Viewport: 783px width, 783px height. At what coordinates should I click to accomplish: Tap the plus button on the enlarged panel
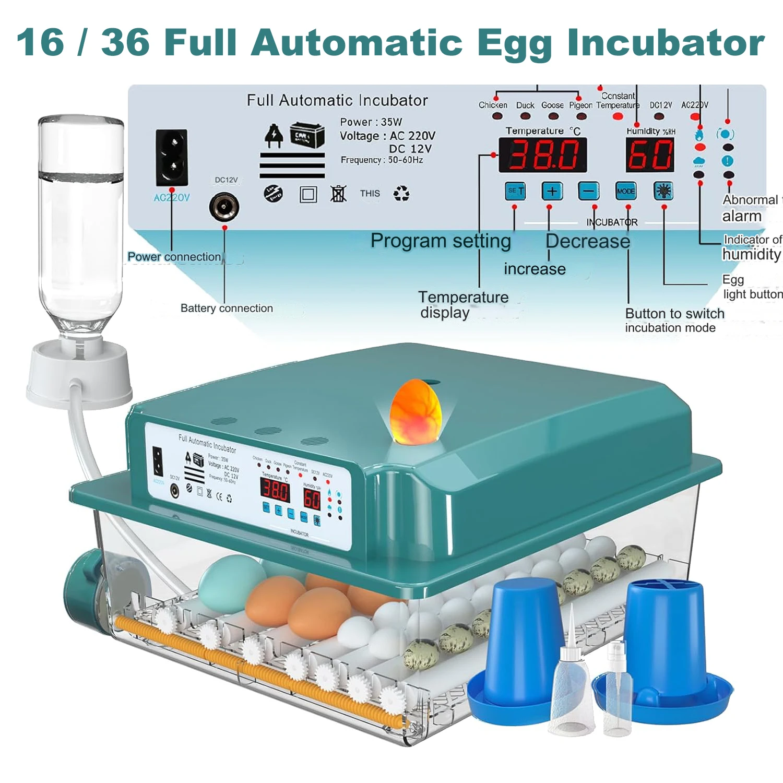552,191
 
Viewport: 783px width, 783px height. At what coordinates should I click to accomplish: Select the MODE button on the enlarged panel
625,191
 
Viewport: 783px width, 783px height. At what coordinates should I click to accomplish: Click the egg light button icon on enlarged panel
663,191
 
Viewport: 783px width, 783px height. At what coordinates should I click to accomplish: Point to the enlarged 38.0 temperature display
543,155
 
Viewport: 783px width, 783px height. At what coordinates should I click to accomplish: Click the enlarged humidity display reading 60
650,155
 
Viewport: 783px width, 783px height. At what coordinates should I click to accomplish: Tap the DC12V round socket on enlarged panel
224,207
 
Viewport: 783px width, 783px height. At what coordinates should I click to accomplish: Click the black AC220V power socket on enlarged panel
172,157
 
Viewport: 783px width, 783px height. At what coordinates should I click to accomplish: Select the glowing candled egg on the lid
416,412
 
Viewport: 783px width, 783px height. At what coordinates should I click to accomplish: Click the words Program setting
441,241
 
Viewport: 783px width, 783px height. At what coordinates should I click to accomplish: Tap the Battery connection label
227,309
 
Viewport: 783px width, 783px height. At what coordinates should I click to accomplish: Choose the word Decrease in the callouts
588,241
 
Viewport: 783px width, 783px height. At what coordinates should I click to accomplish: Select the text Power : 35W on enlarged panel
371,122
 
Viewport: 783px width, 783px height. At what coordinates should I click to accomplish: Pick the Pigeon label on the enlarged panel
580,105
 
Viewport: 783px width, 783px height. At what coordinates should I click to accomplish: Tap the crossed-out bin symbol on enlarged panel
338,194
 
